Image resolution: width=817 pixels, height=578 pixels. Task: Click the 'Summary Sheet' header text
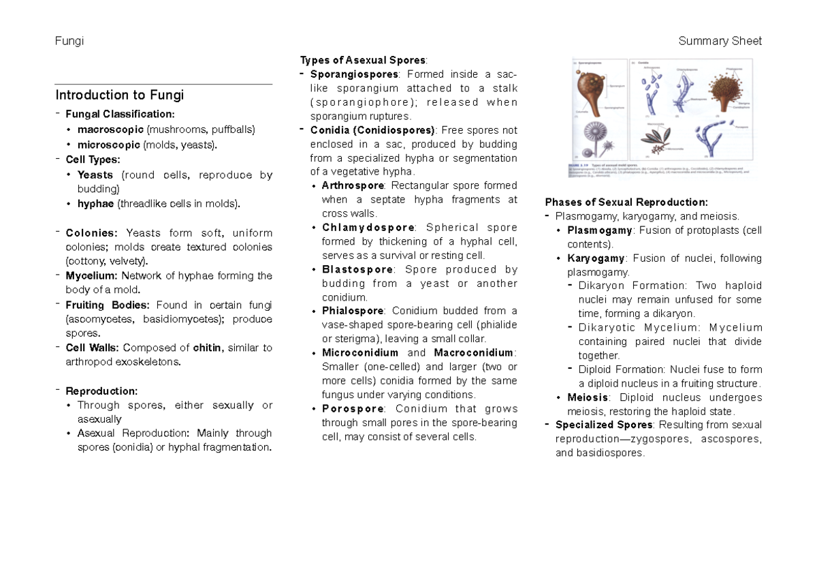click(720, 41)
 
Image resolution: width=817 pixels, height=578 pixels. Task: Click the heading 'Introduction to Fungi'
click(120, 95)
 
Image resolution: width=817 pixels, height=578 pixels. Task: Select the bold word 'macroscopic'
click(110, 129)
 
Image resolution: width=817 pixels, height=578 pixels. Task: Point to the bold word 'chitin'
click(207, 348)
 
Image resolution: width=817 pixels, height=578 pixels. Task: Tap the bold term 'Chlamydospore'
click(368, 228)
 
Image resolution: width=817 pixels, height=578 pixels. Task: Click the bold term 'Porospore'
click(353, 409)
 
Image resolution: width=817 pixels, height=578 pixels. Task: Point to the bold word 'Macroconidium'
click(474, 353)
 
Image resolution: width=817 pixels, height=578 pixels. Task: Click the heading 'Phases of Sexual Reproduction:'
click(626, 202)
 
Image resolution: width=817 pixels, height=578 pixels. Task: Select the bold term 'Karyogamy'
click(596, 258)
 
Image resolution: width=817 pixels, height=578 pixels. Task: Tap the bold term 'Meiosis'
click(588, 397)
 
